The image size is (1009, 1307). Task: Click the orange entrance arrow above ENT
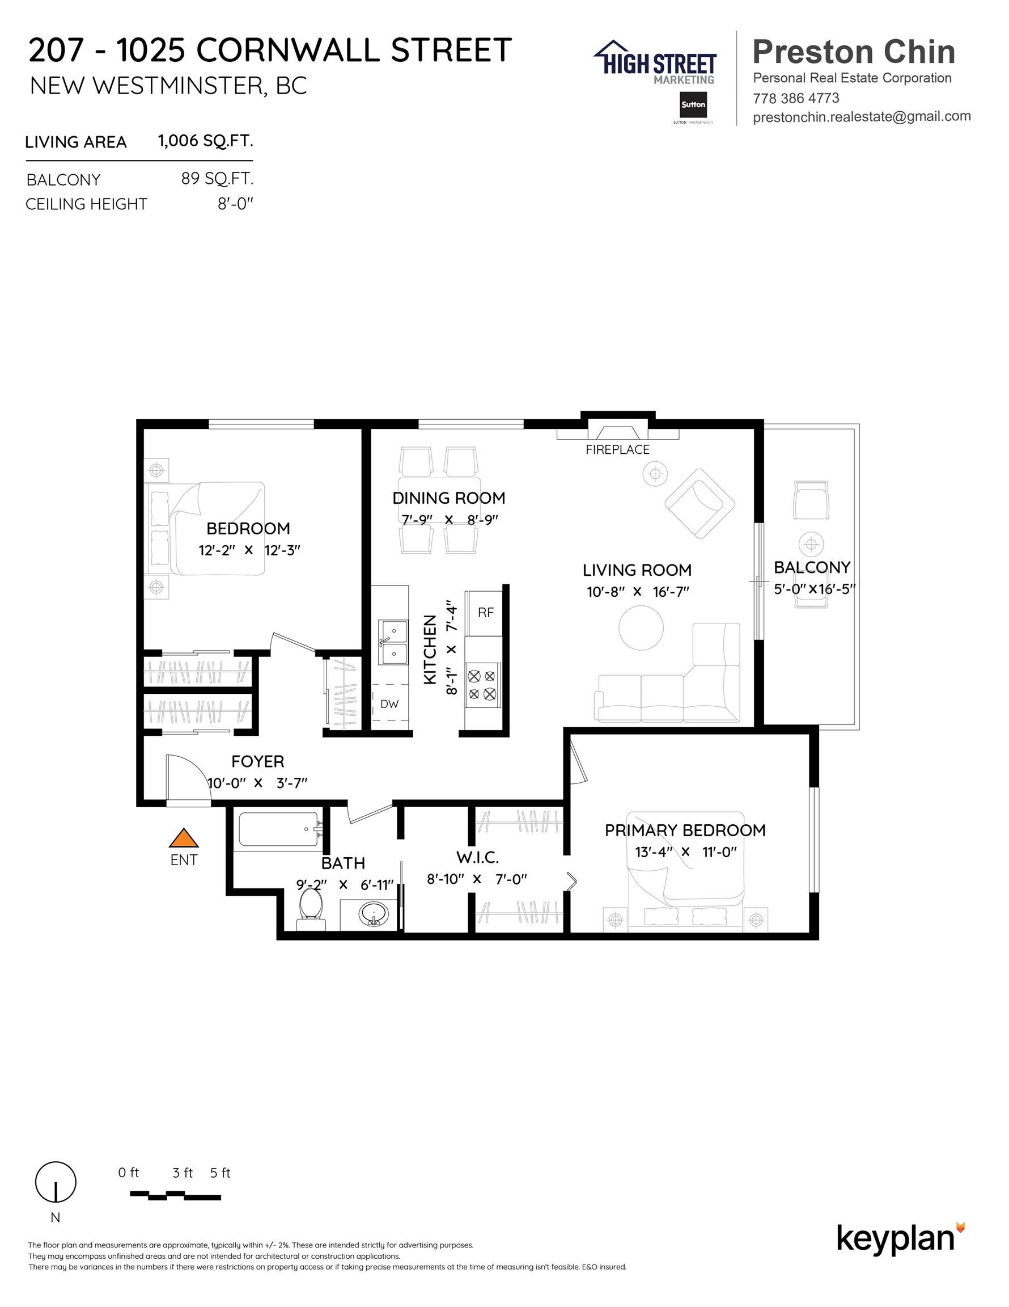tap(183, 838)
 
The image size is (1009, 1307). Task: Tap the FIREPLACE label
tap(617, 449)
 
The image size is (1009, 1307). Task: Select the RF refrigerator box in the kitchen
tap(486, 613)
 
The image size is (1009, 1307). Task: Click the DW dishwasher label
tap(389, 705)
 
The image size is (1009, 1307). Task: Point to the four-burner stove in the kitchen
tap(482, 685)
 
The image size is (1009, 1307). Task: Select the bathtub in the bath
tap(279, 829)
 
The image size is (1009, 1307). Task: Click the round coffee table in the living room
tap(641, 628)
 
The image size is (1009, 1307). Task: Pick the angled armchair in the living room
tap(699, 503)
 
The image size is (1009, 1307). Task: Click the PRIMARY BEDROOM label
tap(685, 830)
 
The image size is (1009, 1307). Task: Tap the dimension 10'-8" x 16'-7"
tap(638, 592)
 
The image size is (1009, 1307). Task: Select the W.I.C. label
tap(477, 858)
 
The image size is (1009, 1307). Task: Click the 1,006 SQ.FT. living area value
tap(205, 141)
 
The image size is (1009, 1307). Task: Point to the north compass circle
tap(56, 1182)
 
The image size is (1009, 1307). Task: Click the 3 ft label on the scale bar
tap(183, 1173)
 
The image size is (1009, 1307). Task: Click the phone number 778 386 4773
tap(795, 98)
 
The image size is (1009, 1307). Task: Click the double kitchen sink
tap(393, 642)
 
